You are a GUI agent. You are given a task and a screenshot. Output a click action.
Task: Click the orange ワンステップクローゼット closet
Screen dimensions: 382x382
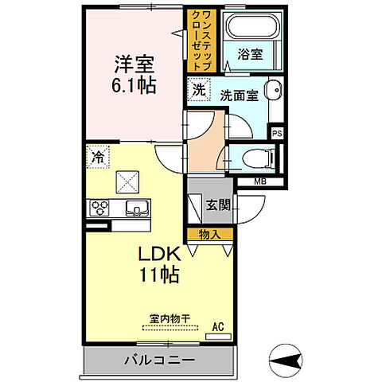pos(197,40)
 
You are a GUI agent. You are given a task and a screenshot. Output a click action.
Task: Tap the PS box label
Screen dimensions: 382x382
pos(277,134)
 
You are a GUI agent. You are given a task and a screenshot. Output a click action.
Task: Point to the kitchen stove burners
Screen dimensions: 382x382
pos(101,209)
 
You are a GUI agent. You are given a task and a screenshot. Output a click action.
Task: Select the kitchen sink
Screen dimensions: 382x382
pos(134,209)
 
